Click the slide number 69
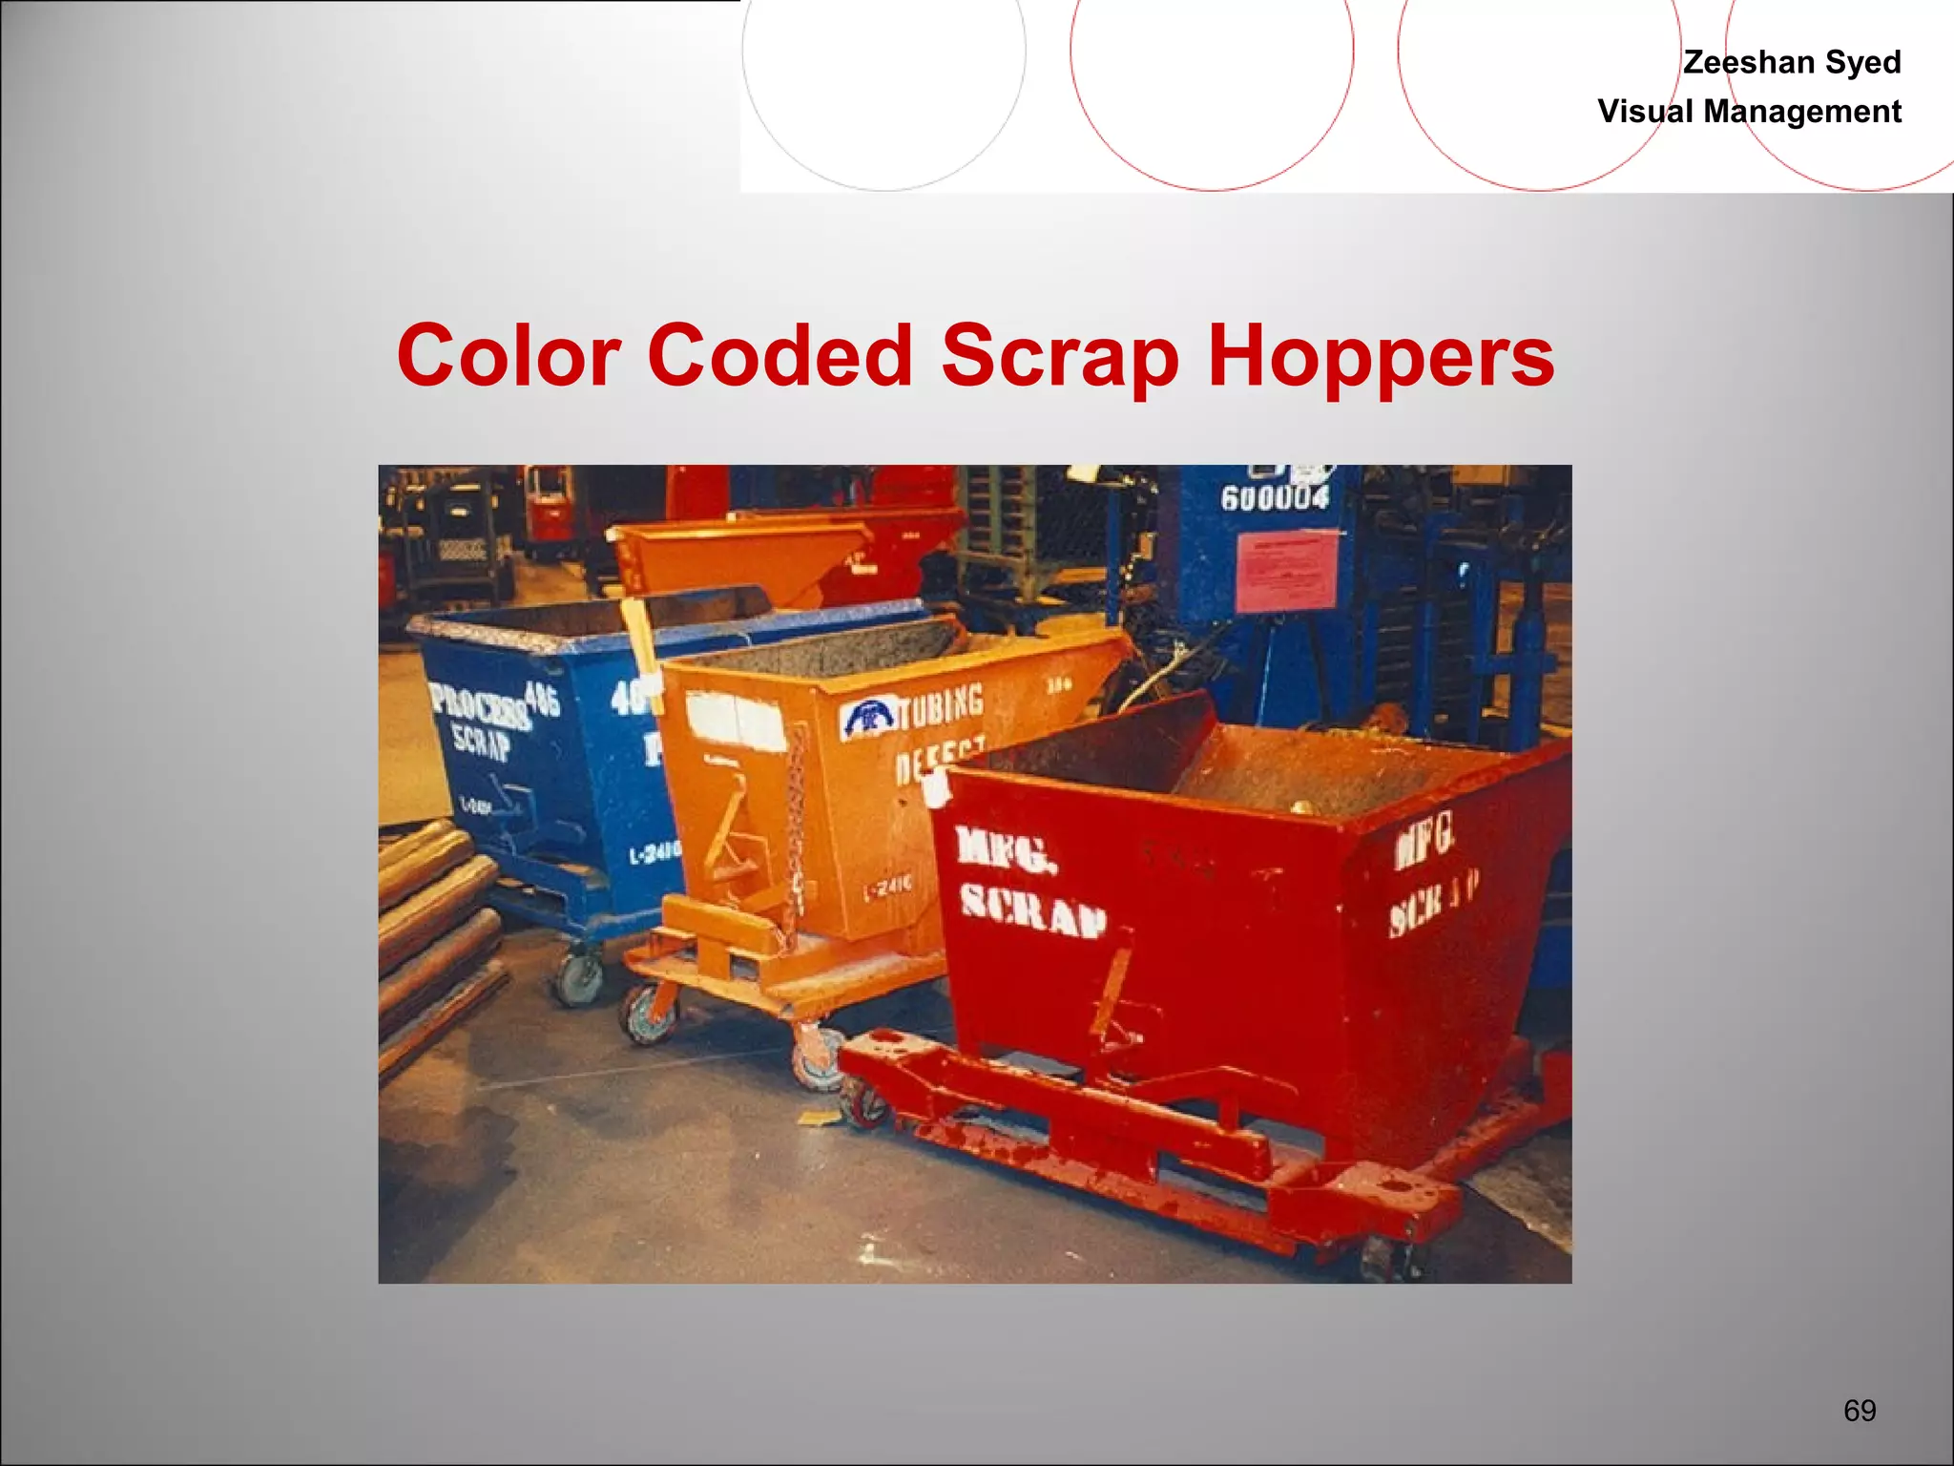coord(1860,1411)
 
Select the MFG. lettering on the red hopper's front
coord(1006,848)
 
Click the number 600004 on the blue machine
coord(1275,497)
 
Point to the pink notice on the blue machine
coord(1287,571)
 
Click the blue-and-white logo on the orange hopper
coord(867,718)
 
